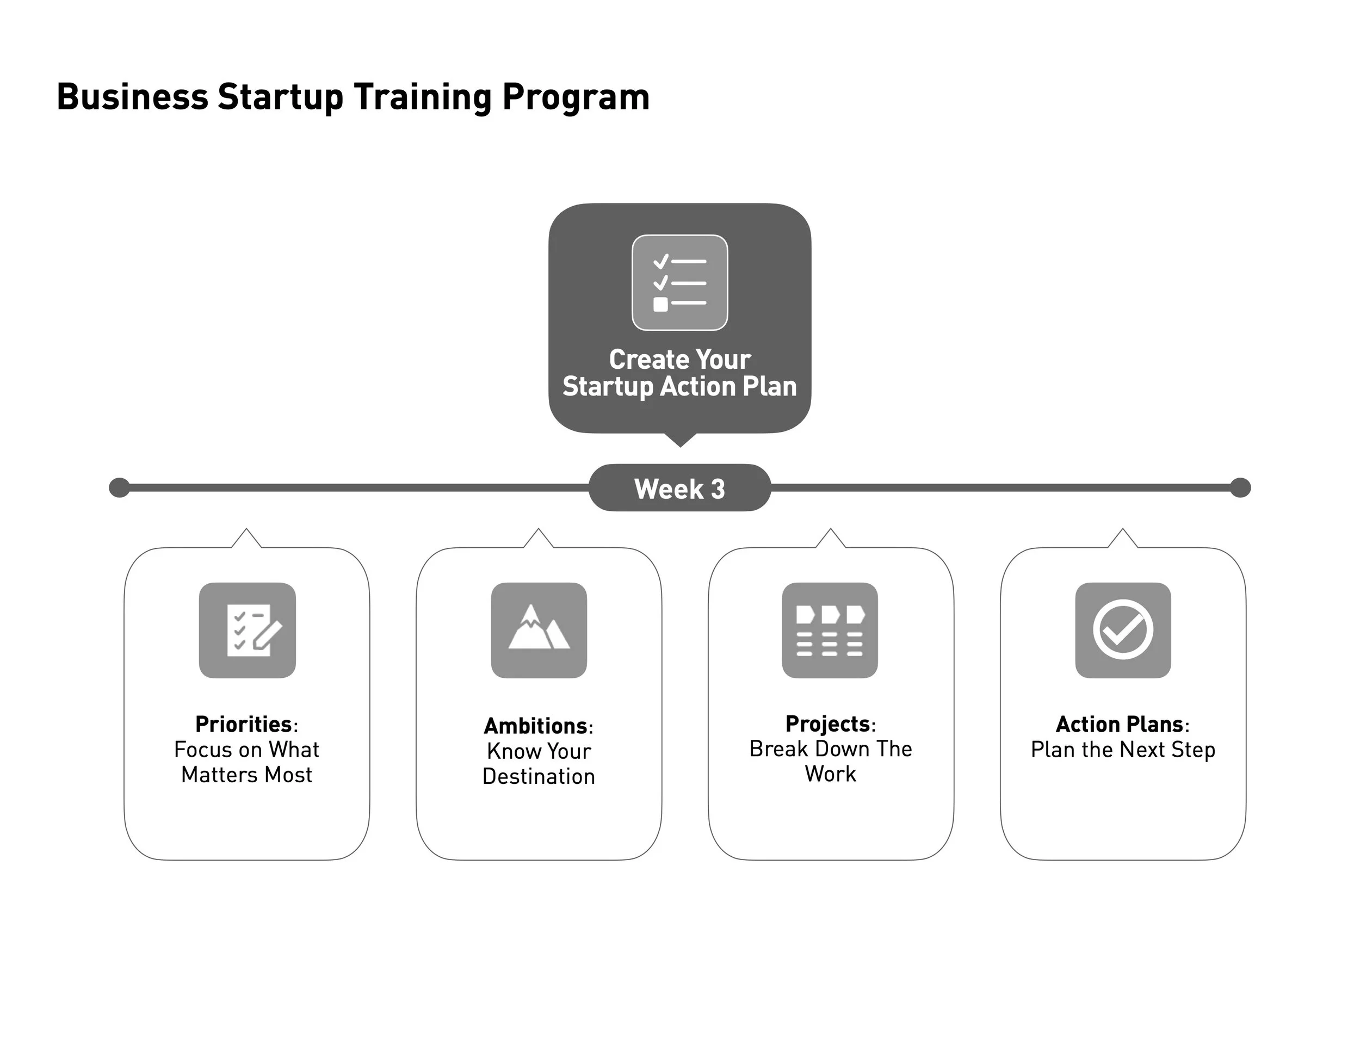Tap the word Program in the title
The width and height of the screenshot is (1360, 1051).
coord(576,98)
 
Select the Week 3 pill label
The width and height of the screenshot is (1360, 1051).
coord(679,489)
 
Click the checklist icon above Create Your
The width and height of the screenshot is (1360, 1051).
coord(679,283)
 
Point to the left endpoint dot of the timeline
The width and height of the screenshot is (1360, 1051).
coord(119,487)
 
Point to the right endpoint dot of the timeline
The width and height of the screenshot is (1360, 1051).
coord(1240,487)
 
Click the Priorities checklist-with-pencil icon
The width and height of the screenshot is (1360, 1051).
coord(247,630)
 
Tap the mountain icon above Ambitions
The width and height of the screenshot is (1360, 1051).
coord(539,630)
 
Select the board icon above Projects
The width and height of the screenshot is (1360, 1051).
coord(830,630)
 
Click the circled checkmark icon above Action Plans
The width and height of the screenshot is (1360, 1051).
coord(1123,630)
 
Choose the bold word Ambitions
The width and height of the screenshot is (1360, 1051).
coord(535,726)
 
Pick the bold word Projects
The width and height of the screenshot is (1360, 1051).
coord(827,724)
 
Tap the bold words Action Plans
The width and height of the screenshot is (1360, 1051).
coord(1119,724)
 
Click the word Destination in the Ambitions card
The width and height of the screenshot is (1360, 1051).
coord(539,776)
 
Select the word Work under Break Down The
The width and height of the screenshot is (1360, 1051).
coord(830,774)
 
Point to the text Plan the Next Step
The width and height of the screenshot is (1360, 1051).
coord(1123,750)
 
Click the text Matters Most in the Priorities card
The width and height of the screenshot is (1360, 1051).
coord(246,775)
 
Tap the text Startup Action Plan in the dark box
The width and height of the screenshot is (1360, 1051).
coord(679,387)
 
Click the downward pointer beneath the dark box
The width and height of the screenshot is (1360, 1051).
coord(679,440)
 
